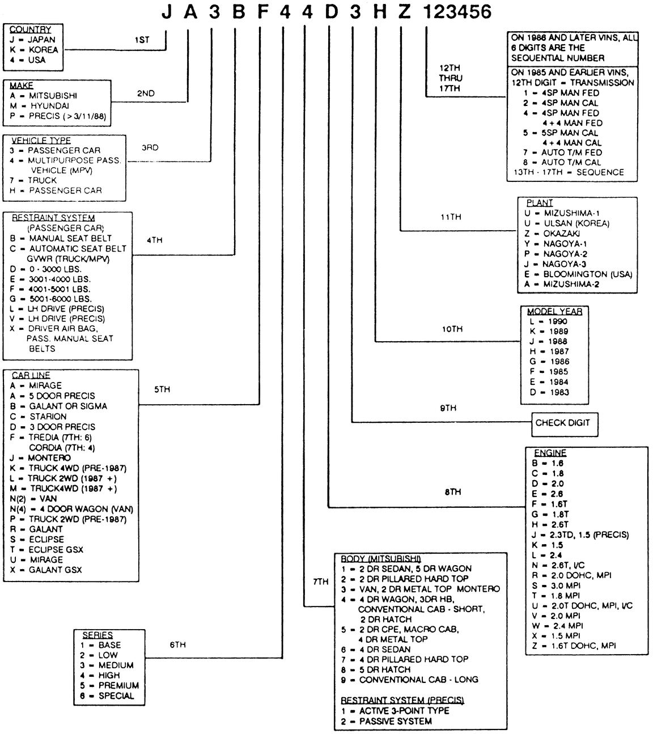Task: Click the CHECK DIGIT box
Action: pyautogui.click(x=562, y=423)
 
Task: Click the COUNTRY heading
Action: pyautogui.click(x=30, y=29)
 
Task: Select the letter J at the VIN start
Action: pyautogui.click(x=166, y=11)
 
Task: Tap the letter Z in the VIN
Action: pyautogui.click(x=404, y=11)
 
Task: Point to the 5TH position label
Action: pyautogui.click(x=162, y=390)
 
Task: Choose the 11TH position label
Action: pyautogui.click(x=451, y=217)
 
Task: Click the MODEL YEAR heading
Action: pyautogui.click(x=554, y=311)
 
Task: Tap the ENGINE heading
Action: pyautogui.click(x=550, y=453)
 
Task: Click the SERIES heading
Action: pyautogui.click(x=97, y=635)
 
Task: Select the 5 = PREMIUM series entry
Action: pyautogui.click(x=109, y=686)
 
